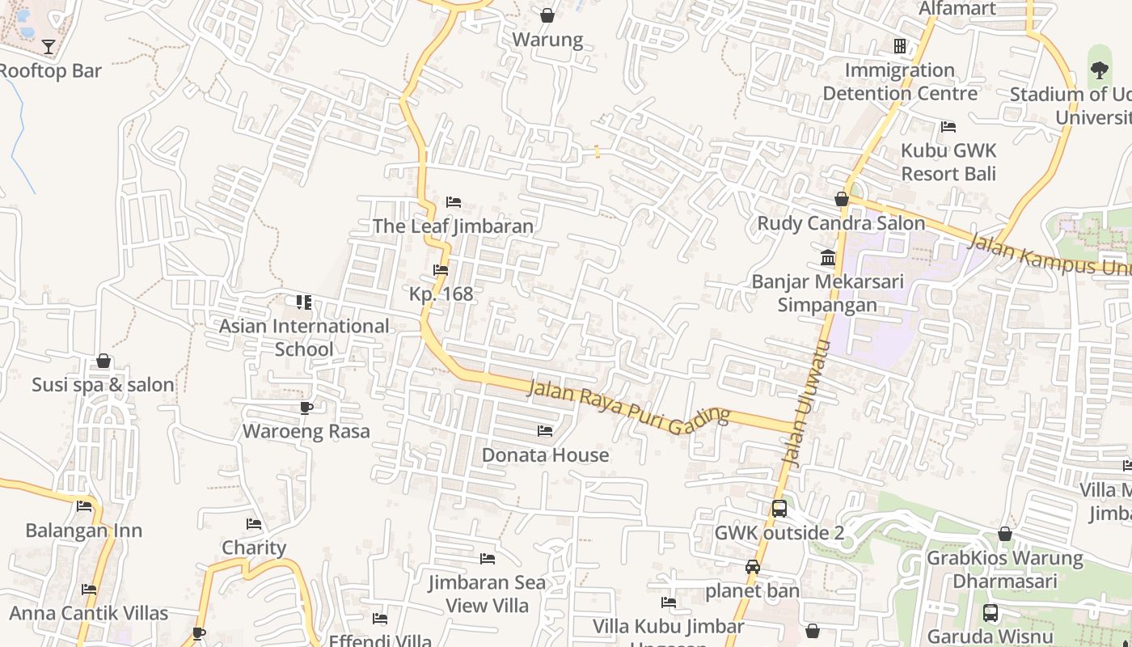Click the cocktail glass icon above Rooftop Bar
point(49,47)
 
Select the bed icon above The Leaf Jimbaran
point(454,202)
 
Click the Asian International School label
point(304,337)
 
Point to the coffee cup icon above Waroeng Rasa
point(306,408)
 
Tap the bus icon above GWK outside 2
point(779,509)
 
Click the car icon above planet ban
point(753,567)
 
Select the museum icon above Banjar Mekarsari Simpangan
point(828,258)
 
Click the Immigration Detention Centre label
point(900,82)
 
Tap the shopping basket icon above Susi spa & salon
point(103,361)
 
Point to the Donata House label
point(545,455)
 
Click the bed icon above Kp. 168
point(441,270)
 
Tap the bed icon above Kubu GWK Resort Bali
point(948,127)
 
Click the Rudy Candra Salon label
point(841,223)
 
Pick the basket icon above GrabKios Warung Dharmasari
point(1004,534)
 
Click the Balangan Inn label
point(83,531)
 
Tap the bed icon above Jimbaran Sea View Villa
point(487,559)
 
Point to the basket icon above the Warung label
point(547,15)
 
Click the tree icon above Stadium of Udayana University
point(1100,70)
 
